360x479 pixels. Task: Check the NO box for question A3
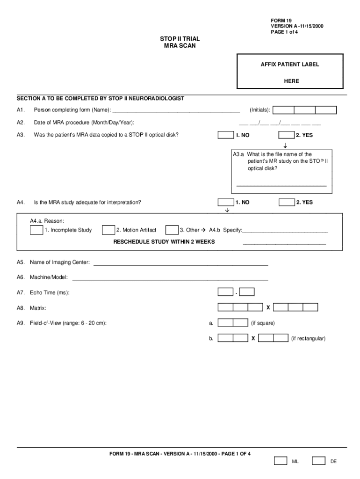click(226, 135)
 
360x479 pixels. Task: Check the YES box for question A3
click(286, 135)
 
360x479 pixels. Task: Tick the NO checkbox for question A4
click(226, 203)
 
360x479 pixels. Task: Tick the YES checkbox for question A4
click(286, 203)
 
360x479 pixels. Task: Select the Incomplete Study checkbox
click(36, 230)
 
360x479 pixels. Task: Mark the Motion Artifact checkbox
click(108, 230)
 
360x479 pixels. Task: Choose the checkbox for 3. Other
click(172, 230)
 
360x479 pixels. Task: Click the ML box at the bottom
click(281, 461)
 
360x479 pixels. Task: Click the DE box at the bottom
click(318, 461)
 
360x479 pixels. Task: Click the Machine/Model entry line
click(170, 279)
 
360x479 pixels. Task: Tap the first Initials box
click(283, 110)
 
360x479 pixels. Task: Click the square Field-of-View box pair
click(233, 323)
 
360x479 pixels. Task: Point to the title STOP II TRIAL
click(180, 39)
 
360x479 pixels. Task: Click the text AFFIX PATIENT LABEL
click(290, 65)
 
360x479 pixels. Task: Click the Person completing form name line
click(176, 111)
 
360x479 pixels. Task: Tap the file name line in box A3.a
click(281, 185)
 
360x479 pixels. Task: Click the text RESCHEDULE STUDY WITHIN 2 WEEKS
click(164, 242)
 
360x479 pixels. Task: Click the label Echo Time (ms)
click(50, 293)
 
